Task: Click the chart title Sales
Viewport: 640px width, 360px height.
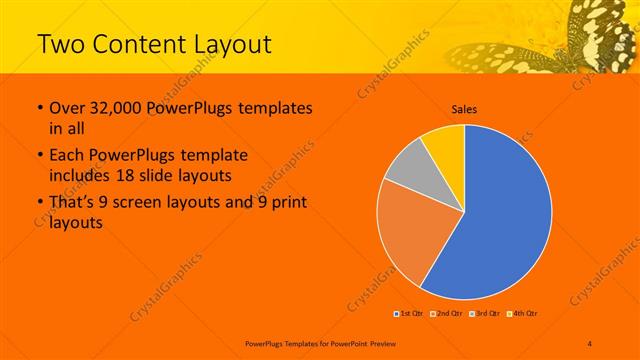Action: point(464,108)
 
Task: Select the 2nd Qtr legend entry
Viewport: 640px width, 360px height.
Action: point(446,312)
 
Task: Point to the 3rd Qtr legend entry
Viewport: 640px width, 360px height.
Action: point(484,312)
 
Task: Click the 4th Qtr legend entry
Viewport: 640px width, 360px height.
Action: point(522,312)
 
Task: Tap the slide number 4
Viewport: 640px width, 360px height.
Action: point(590,342)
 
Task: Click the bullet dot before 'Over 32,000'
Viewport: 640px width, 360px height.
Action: point(39,108)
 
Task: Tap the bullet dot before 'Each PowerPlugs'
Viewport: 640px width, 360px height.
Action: point(39,156)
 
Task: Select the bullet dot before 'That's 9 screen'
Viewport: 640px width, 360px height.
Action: point(39,203)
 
